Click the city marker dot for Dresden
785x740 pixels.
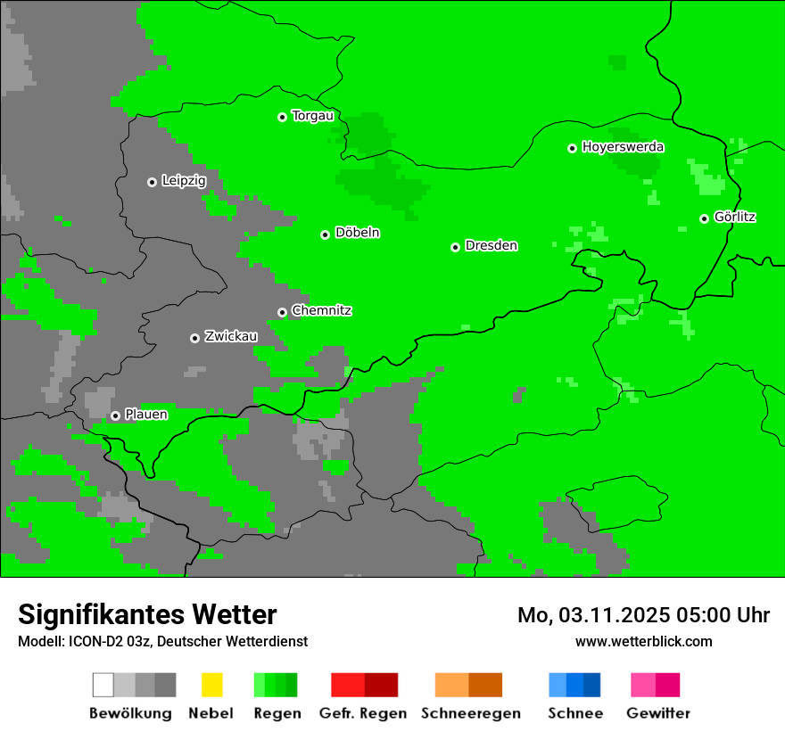coord(455,247)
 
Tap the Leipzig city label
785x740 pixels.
coord(184,181)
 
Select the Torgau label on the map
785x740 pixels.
coord(312,116)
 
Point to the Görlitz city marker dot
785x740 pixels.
coord(704,218)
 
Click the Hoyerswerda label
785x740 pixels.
coord(623,147)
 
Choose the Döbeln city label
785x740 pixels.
coord(357,233)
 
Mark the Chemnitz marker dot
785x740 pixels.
coord(282,312)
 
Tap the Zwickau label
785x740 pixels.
coord(231,336)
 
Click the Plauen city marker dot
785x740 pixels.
coord(115,415)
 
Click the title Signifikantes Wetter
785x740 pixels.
coord(147,615)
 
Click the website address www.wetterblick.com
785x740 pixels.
coord(643,641)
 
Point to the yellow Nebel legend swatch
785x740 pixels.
coord(211,685)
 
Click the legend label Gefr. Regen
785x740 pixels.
coord(363,713)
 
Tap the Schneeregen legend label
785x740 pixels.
coord(471,713)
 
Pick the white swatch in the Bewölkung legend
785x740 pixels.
coord(103,685)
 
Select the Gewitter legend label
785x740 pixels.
coord(658,713)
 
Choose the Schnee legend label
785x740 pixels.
coord(575,713)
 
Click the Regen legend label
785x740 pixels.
coord(277,713)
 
